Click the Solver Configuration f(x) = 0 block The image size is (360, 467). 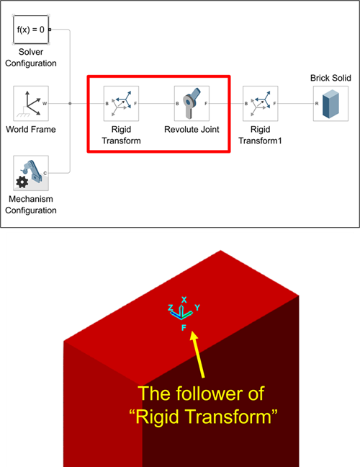click(x=31, y=30)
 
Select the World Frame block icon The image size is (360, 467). click(x=31, y=103)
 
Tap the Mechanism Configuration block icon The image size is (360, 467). click(x=31, y=173)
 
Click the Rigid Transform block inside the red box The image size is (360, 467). click(x=121, y=103)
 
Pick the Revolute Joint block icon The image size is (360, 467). click(x=192, y=103)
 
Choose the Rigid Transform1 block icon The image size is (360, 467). click(x=261, y=103)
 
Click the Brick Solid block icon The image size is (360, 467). click(x=330, y=103)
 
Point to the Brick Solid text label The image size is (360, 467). click(x=330, y=78)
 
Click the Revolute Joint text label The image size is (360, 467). click(x=192, y=129)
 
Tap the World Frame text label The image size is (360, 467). click(x=31, y=129)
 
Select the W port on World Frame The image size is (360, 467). click(x=45, y=104)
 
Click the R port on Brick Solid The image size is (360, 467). click(x=317, y=104)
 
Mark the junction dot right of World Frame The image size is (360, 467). click(x=70, y=103)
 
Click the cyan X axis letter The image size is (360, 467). click(x=184, y=300)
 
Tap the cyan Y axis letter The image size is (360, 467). click(x=197, y=307)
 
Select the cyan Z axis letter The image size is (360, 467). click(x=171, y=307)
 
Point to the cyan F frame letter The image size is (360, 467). click(x=184, y=328)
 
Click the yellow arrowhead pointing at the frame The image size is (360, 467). click(x=194, y=337)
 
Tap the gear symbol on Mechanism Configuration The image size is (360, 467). click(x=22, y=182)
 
